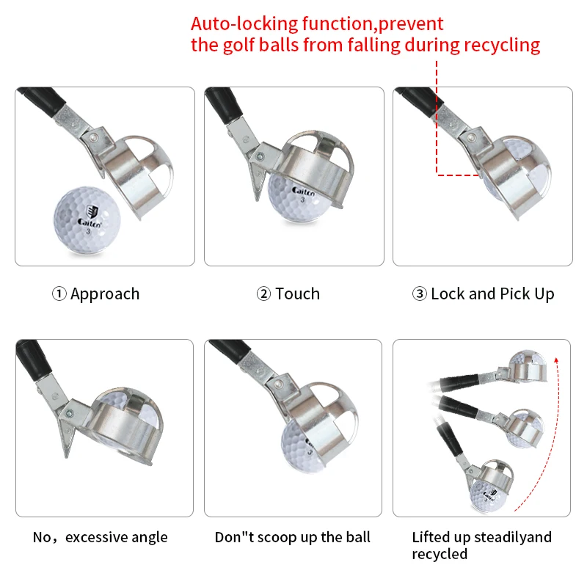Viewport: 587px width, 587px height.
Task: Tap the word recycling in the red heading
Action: [x=502, y=45]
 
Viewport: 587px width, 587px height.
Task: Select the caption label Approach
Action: [x=105, y=294]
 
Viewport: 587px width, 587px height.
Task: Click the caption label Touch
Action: [x=297, y=294]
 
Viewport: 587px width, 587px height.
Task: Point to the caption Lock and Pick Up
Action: [x=492, y=294]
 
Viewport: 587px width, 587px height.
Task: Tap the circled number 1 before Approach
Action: [x=59, y=294]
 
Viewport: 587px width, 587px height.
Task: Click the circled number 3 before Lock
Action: [x=420, y=294]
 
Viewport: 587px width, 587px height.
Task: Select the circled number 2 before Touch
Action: [x=263, y=294]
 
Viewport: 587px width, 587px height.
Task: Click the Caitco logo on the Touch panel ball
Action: [x=304, y=190]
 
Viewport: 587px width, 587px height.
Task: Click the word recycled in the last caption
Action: [x=440, y=554]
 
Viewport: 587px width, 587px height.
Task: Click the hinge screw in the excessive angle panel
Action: [x=68, y=415]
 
